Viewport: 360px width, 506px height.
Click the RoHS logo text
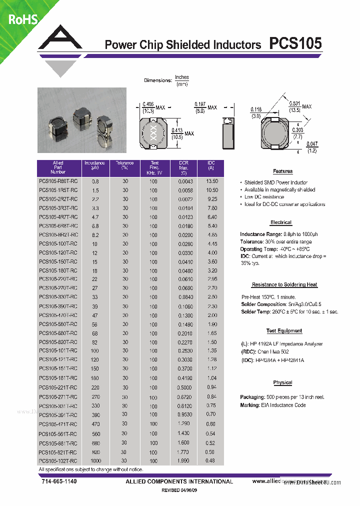click(x=22, y=19)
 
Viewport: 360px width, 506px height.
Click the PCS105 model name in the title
click(x=295, y=44)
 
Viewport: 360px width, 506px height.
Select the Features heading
click(x=282, y=171)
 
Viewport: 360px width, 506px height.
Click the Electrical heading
click(x=280, y=222)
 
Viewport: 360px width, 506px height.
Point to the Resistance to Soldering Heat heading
click(x=284, y=284)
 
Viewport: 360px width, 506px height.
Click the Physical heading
click(x=282, y=382)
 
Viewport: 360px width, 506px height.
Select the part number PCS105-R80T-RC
click(x=58, y=181)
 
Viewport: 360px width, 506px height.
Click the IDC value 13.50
click(x=211, y=181)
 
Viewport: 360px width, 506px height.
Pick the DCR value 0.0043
click(x=185, y=181)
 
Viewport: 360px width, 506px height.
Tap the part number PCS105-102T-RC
click(x=58, y=460)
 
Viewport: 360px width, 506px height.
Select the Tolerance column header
click(x=124, y=165)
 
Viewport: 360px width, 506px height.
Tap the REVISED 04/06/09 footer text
click(x=179, y=490)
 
